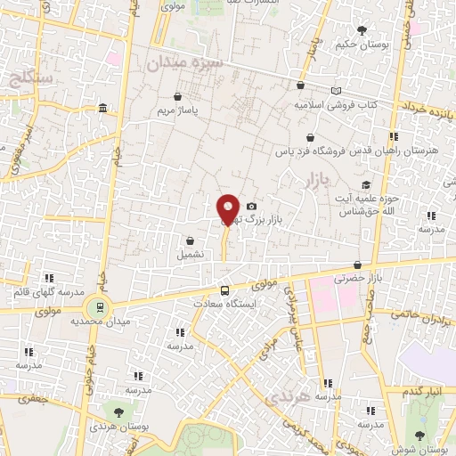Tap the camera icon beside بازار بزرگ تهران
click(x=251, y=206)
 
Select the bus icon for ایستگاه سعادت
click(x=224, y=290)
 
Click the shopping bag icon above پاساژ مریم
click(x=179, y=96)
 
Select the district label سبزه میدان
click(x=175, y=64)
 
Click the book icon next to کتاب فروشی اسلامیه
click(x=336, y=91)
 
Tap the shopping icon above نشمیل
click(x=190, y=240)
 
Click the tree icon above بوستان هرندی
click(x=118, y=411)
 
